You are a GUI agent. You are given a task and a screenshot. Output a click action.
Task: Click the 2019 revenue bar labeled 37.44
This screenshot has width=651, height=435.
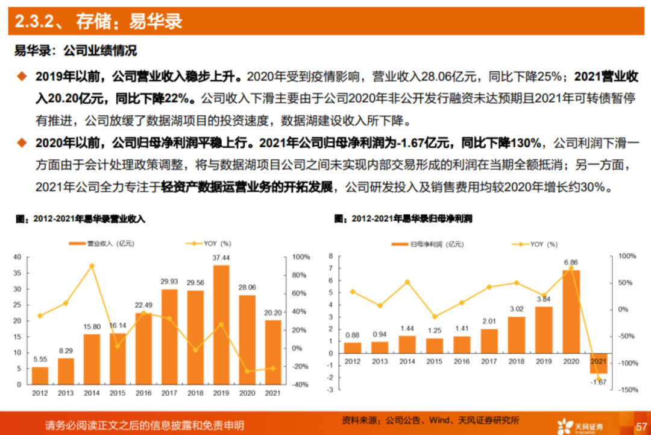click(221, 325)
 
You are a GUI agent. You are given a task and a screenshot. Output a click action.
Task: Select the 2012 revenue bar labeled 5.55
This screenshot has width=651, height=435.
click(40, 375)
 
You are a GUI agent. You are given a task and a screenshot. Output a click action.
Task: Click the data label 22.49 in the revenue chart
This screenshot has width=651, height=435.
click(143, 305)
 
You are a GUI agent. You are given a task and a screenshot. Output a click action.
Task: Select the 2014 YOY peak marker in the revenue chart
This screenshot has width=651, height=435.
click(92, 265)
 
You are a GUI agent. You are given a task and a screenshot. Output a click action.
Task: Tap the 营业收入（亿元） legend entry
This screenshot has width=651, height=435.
click(102, 244)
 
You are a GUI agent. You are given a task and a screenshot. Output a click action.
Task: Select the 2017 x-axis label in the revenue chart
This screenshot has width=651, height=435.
click(169, 393)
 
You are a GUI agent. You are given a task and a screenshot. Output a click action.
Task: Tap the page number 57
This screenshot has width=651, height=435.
click(640, 425)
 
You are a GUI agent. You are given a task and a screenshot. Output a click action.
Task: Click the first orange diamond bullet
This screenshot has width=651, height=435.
click(22, 77)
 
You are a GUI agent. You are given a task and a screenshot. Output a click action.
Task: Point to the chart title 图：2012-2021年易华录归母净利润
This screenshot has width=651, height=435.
click(403, 218)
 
